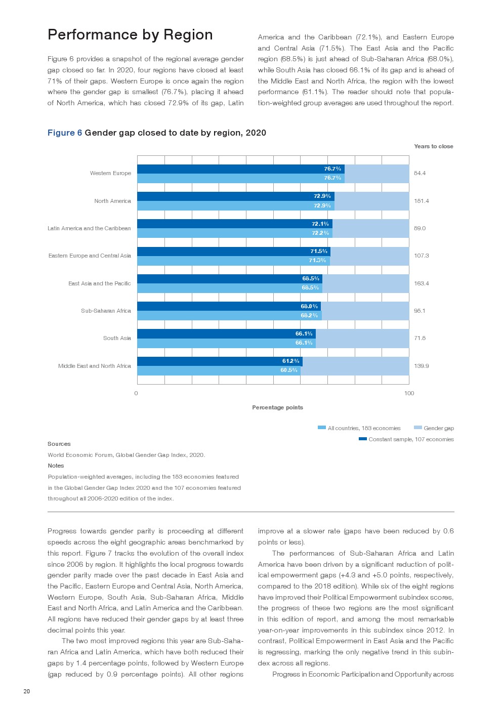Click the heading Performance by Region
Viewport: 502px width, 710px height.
click(x=130, y=34)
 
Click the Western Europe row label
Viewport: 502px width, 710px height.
click(x=110, y=173)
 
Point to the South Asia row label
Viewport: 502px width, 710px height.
click(x=117, y=338)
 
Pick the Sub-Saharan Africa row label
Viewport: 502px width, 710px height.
click(x=106, y=311)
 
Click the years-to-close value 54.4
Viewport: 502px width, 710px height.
click(x=420, y=173)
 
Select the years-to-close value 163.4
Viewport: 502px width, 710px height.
click(x=421, y=283)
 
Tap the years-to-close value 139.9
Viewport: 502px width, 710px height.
click(x=421, y=366)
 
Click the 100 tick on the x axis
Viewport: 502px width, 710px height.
click(x=409, y=393)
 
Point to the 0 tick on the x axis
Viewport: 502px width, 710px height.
click(x=136, y=393)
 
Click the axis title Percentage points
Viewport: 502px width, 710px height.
click(x=277, y=407)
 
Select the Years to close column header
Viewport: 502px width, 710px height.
click(x=433, y=146)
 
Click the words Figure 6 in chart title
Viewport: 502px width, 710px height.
click(x=65, y=133)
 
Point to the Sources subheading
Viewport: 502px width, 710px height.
click(x=59, y=444)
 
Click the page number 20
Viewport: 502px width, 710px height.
click(x=27, y=691)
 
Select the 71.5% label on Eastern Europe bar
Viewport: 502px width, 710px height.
click(x=319, y=252)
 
